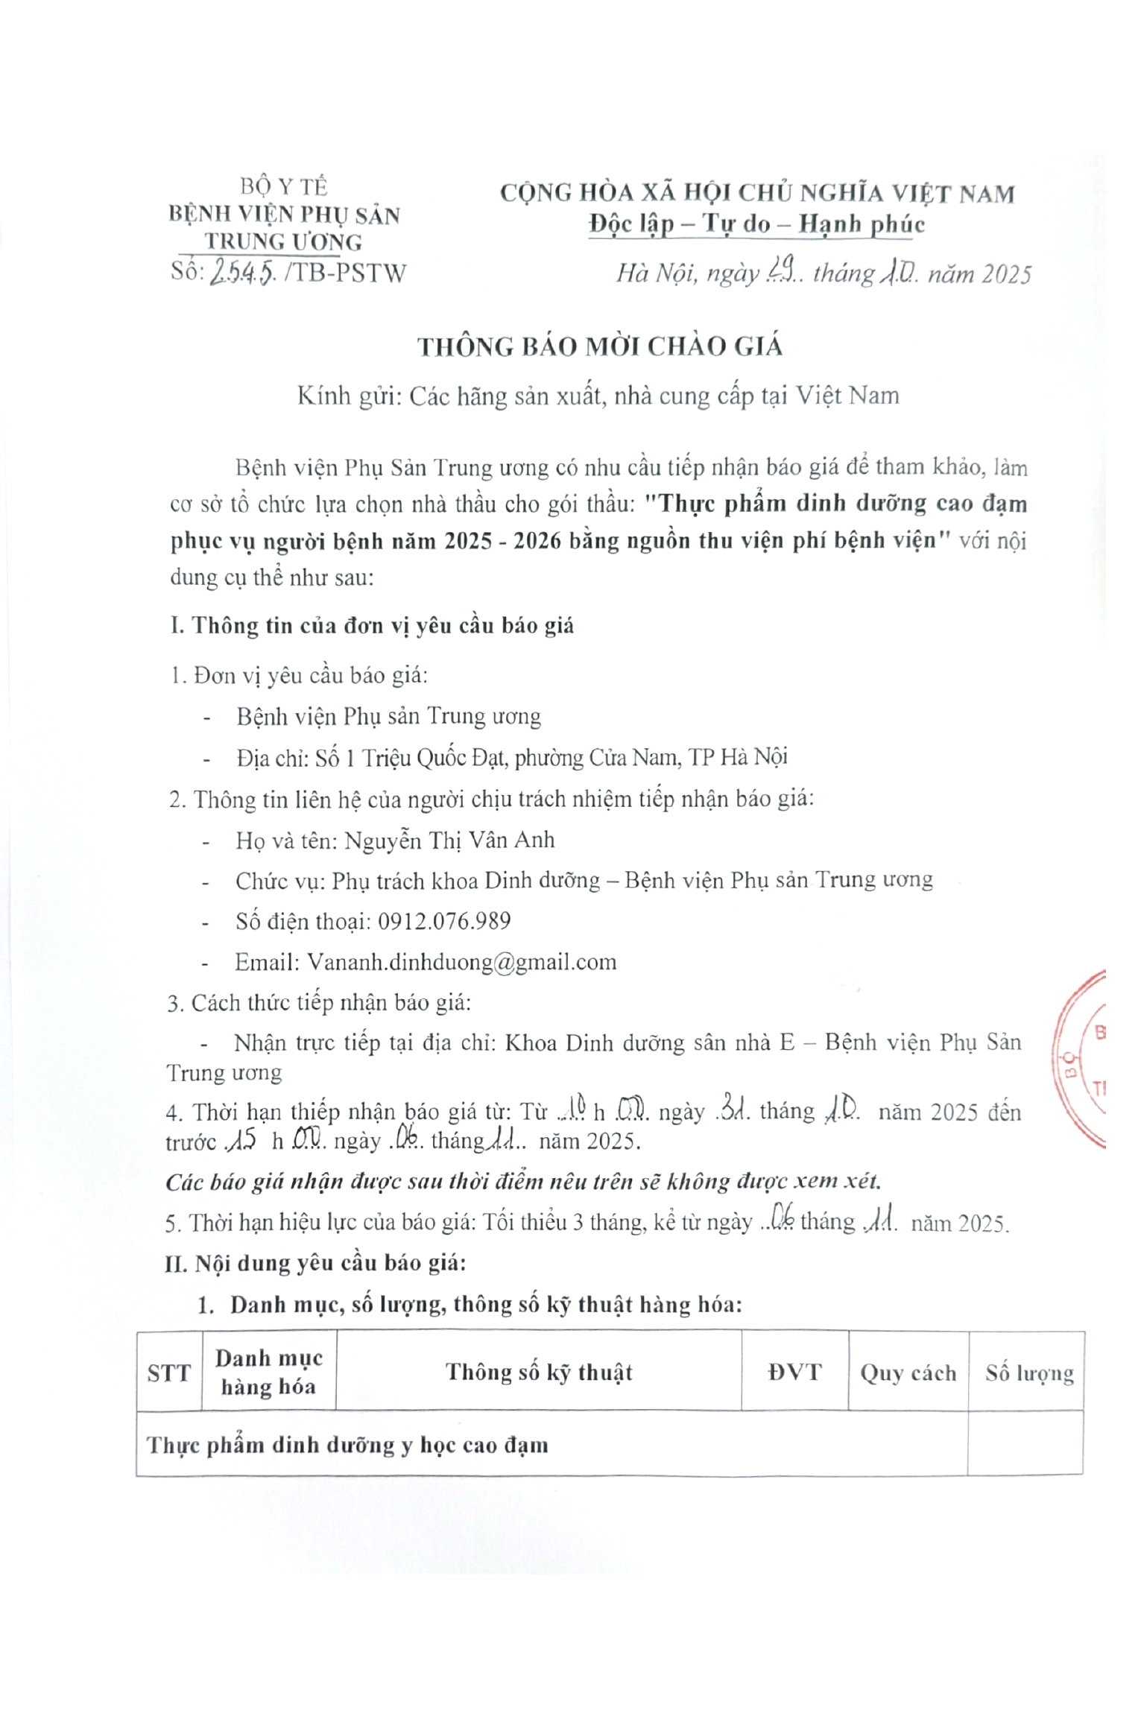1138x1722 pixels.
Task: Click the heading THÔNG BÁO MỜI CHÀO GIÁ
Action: click(x=600, y=347)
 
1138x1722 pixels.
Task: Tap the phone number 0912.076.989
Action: click(x=444, y=922)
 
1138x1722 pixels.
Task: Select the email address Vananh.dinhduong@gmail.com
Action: click(x=462, y=963)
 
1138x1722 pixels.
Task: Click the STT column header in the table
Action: click(x=169, y=1373)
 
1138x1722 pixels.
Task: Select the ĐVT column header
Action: click(x=794, y=1373)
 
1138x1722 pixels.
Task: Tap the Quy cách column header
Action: click(x=908, y=1373)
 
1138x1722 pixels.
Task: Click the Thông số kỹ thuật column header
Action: click(x=539, y=1373)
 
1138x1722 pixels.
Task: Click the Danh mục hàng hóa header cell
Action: click(x=268, y=1373)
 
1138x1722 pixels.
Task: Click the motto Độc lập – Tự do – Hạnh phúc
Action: click(x=756, y=224)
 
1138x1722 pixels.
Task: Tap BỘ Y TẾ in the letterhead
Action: click(x=284, y=186)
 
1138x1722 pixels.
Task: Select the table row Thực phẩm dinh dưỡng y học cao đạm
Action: click(x=347, y=1446)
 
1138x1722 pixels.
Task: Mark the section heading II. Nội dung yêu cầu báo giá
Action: click(x=315, y=1264)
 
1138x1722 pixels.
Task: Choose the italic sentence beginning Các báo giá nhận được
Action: click(x=523, y=1182)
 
